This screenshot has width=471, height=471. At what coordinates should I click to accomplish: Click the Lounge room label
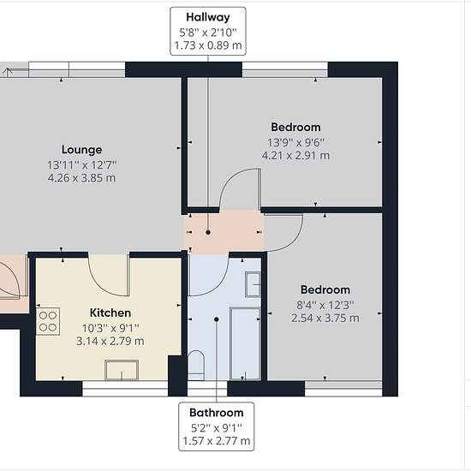(81, 150)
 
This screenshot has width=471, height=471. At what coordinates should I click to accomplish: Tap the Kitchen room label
(110, 313)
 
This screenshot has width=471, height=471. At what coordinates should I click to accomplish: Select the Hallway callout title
(208, 17)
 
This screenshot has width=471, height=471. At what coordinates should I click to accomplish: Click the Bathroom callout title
(217, 413)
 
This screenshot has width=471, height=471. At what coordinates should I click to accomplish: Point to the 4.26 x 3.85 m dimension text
(81, 178)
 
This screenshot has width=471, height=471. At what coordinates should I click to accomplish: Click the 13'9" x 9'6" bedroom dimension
(296, 142)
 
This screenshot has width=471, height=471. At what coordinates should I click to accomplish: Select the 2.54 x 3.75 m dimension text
(325, 318)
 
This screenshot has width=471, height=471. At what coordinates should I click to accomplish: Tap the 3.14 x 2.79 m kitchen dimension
(110, 341)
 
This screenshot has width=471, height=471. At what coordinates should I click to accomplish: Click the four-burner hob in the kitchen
(48, 321)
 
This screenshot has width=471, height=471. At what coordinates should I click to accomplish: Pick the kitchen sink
(122, 370)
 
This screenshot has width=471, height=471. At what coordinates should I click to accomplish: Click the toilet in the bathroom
(196, 365)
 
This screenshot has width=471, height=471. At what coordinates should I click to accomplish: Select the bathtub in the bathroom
(245, 343)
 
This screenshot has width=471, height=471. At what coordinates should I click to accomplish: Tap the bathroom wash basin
(253, 284)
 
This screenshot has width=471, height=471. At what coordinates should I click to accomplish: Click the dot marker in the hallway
(208, 232)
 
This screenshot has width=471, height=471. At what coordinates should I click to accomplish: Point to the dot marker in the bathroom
(217, 319)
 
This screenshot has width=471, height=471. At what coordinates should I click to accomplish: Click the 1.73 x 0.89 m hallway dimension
(208, 45)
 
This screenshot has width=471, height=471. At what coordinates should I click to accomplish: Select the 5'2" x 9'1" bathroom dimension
(217, 427)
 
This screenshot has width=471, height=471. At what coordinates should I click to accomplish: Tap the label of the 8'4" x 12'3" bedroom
(325, 289)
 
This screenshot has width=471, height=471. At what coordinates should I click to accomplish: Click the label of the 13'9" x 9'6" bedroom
(296, 127)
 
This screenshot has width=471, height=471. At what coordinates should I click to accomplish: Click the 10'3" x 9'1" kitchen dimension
(110, 328)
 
